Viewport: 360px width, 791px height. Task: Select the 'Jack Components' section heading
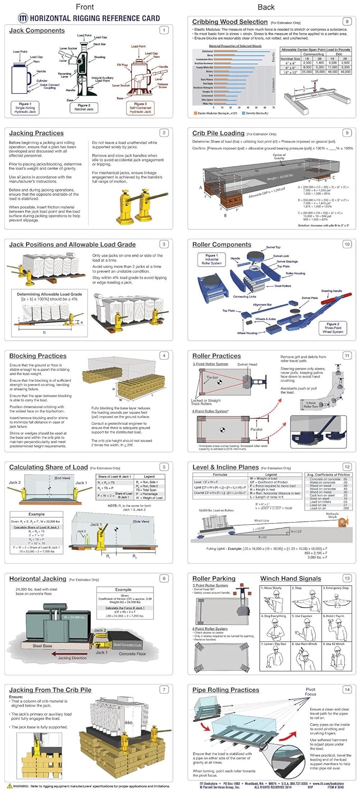37,30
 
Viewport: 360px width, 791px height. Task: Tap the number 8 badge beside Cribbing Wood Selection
346,21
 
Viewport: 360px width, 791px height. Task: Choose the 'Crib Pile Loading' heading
218,133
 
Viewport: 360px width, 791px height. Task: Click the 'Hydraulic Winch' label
333,514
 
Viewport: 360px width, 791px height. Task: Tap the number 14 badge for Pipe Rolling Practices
346,689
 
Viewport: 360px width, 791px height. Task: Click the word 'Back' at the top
266,7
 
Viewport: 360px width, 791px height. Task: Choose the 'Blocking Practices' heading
37,356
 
